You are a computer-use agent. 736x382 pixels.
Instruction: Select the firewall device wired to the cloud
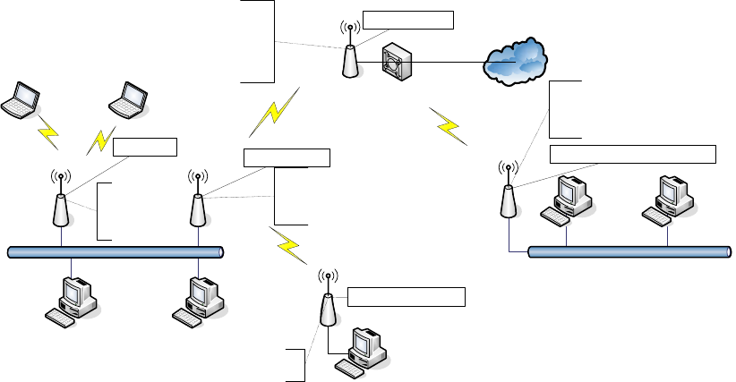(397, 61)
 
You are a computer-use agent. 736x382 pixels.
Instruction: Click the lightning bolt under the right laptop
(102, 140)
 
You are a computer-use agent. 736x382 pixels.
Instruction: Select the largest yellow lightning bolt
(272, 113)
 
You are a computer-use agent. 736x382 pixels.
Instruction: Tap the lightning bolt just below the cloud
(448, 126)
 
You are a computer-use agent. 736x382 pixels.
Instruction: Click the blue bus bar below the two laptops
(115, 252)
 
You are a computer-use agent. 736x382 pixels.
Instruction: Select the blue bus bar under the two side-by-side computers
(626, 251)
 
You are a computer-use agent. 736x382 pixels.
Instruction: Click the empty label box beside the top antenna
(408, 20)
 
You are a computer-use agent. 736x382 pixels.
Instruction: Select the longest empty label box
(632, 153)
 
